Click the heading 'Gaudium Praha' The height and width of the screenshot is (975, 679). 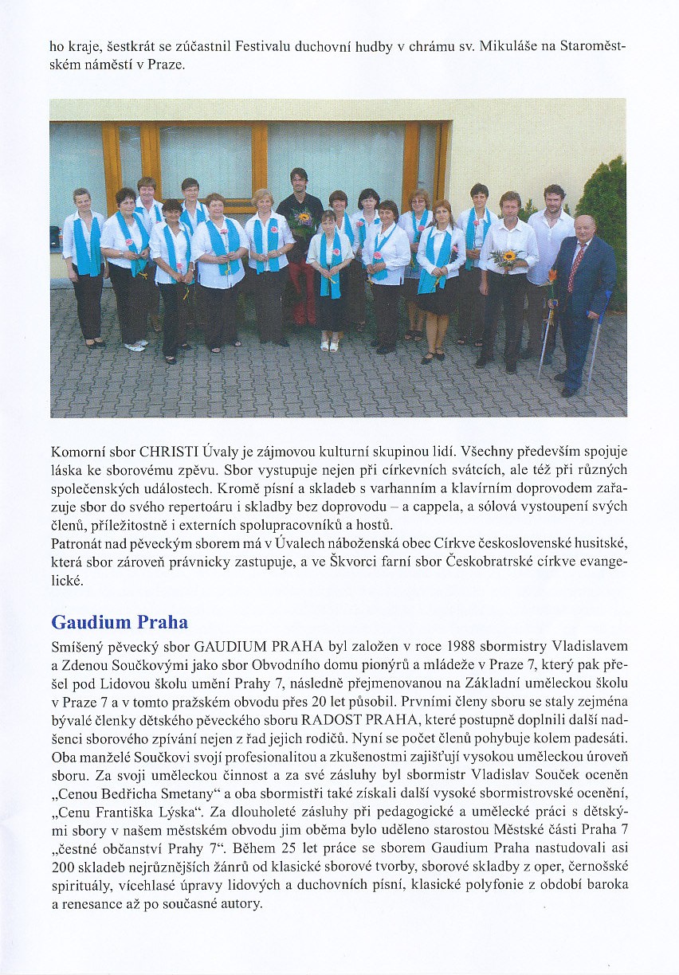coord(119,621)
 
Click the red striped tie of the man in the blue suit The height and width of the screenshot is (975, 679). coord(574,268)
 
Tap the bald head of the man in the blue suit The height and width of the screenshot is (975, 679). coord(584,226)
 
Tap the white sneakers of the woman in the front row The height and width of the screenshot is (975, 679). coord(135,346)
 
